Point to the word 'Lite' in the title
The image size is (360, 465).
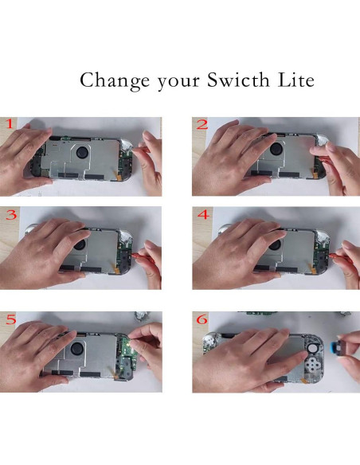coord(295,80)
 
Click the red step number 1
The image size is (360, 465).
coord(10,124)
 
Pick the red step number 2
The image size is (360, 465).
coord(202,125)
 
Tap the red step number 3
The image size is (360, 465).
coord(10,215)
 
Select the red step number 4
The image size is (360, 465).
coord(202,215)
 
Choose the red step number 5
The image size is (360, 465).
coord(10,318)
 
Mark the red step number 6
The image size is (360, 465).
coord(202,318)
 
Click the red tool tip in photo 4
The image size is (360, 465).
coord(334,254)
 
